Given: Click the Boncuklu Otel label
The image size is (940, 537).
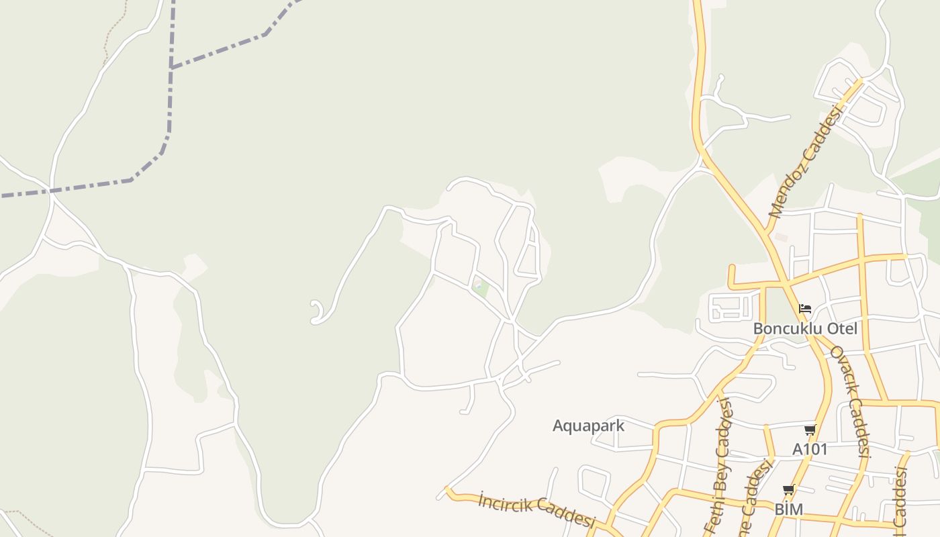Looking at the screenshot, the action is pyautogui.click(x=805, y=329).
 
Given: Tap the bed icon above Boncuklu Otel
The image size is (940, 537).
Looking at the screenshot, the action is pyautogui.click(x=806, y=309).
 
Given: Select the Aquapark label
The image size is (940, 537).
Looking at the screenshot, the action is pyautogui.click(x=588, y=426).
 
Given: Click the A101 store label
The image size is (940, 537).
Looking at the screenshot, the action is pyautogui.click(x=810, y=449).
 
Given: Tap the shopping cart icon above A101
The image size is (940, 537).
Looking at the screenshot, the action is pyautogui.click(x=810, y=430).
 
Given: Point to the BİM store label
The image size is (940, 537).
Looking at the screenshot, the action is pyautogui.click(x=789, y=509).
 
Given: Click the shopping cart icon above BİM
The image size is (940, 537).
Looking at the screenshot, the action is pyautogui.click(x=789, y=490).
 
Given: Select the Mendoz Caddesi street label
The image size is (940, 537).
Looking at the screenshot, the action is pyautogui.click(x=806, y=161).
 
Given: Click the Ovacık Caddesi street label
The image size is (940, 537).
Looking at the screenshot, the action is pyautogui.click(x=850, y=401).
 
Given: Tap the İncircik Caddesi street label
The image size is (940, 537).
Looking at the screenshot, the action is pyautogui.click(x=536, y=510).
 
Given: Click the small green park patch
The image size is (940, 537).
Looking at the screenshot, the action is pyautogui.click(x=480, y=289).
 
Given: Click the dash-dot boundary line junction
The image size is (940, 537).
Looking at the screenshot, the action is pyautogui.click(x=171, y=67).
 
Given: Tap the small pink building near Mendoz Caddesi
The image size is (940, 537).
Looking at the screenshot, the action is pyautogui.click(x=780, y=238).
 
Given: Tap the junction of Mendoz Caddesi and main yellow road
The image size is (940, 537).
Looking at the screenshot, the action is pyautogui.click(x=767, y=231).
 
